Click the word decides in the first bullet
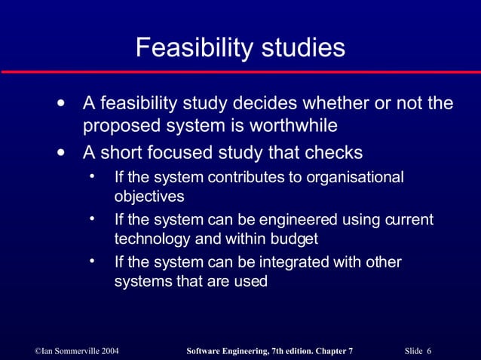click(x=262, y=102)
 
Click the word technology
click(x=151, y=239)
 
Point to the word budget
click(x=295, y=239)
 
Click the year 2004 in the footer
click(x=106, y=351)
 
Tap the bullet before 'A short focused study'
click(x=60, y=153)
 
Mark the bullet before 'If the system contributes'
click(x=91, y=177)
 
